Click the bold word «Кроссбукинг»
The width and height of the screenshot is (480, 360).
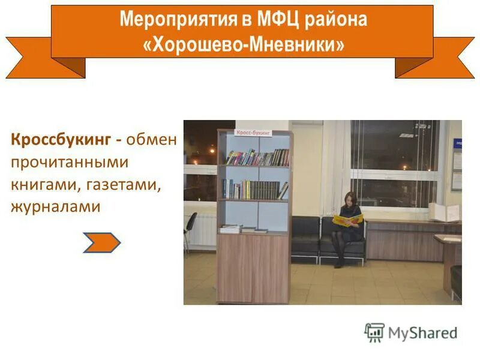pos(60,140)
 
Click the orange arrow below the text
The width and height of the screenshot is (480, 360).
pos(101,242)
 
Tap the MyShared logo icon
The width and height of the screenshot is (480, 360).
pos(374,332)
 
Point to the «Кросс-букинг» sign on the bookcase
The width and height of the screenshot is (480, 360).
pos(253,132)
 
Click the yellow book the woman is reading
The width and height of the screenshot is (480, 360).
pos(347,220)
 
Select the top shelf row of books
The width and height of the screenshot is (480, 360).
pos(257,157)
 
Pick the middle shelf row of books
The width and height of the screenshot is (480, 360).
pos(254,190)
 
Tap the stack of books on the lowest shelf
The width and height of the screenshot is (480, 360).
pos(231,228)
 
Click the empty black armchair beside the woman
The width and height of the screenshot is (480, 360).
pos(305,237)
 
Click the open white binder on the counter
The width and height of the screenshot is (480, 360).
pos(444,212)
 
